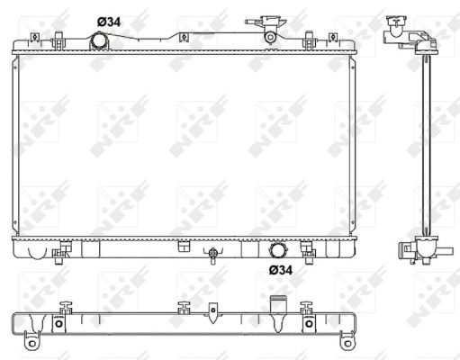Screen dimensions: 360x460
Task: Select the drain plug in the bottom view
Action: pyautogui.click(x=213, y=311)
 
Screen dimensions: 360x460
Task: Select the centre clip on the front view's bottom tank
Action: pyautogui.click(x=183, y=246)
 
